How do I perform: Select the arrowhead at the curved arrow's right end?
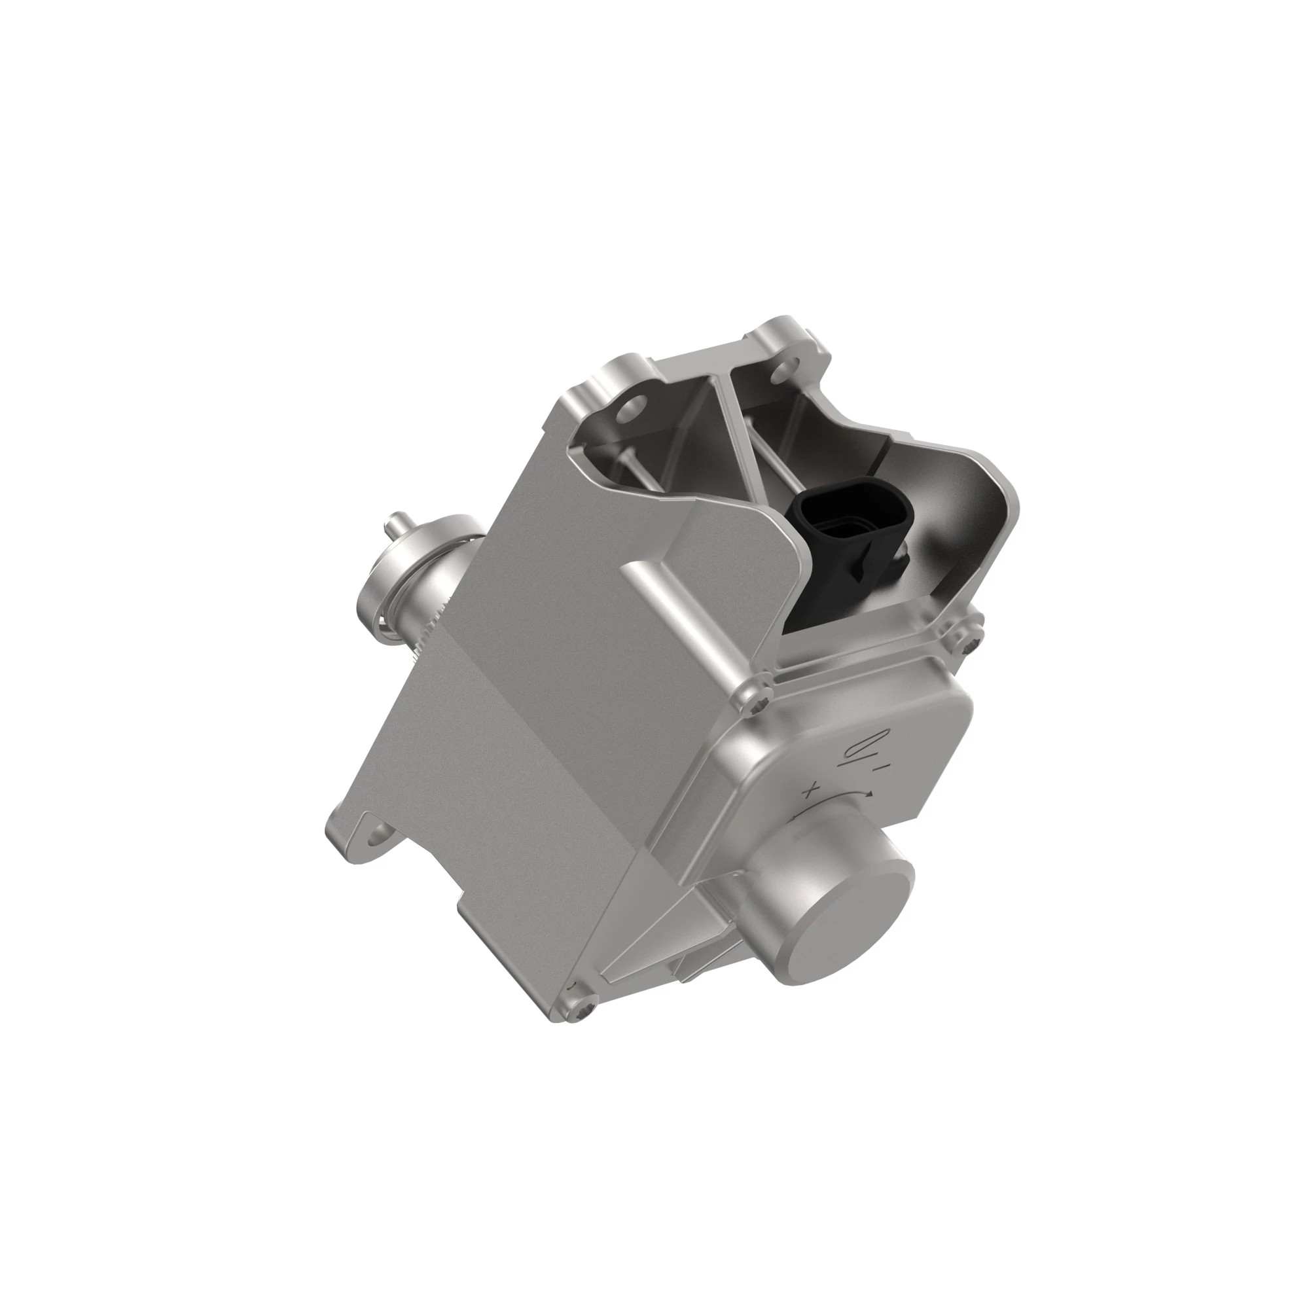[869, 793]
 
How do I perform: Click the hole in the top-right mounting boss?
[787, 369]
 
